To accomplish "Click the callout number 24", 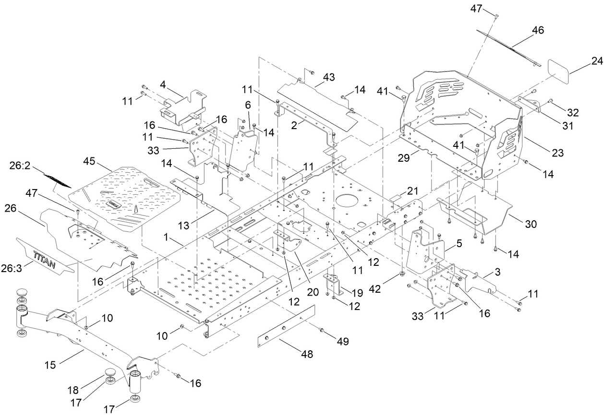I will pos(596,61).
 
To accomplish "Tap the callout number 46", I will pos(537,30).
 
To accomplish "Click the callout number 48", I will pos(306,354).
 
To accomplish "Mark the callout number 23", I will pos(558,153).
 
